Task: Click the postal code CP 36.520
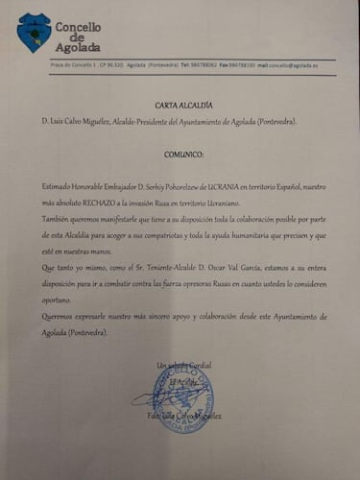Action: (113, 65)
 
